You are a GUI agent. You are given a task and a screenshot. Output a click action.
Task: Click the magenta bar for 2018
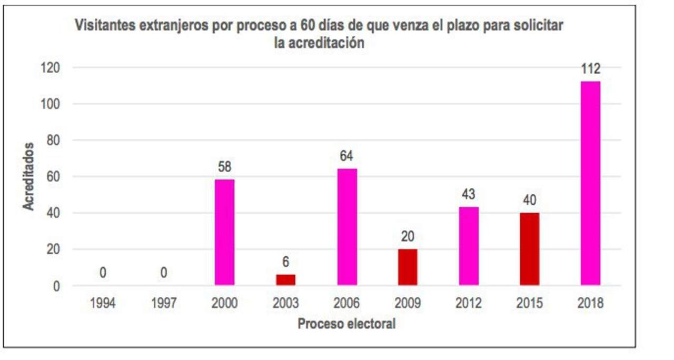(x=590, y=183)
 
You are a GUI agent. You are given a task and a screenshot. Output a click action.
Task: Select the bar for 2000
(x=224, y=232)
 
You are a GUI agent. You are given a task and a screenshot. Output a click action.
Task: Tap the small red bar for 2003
(x=285, y=279)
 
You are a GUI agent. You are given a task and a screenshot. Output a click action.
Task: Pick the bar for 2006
(x=347, y=227)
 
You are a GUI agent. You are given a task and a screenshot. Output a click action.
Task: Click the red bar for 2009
(x=408, y=267)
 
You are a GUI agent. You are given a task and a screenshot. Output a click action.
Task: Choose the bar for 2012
(x=469, y=246)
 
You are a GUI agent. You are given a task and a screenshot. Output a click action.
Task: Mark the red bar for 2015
(x=529, y=249)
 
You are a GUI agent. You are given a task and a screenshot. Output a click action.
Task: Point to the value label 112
(x=590, y=69)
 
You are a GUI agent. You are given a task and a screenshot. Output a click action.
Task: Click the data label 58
(x=224, y=167)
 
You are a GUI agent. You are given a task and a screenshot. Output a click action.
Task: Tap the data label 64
(x=346, y=156)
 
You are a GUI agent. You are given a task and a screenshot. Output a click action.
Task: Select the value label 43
(x=469, y=195)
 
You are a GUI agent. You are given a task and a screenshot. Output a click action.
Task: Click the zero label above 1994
(x=103, y=273)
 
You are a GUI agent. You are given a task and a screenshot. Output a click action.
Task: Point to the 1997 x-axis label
(x=164, y=304)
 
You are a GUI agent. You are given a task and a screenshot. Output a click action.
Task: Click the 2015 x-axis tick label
(x=529, y=304)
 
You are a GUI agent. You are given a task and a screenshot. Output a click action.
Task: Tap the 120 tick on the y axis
(x=52, y=68)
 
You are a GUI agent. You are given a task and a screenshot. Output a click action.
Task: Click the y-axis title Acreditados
(x=28, y=176)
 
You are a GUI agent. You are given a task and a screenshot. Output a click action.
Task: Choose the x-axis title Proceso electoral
(x=346, y=323)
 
